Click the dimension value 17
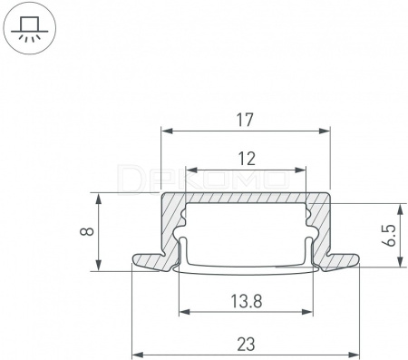(245, 120)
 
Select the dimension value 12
(247, 159)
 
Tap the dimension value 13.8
(247, 301)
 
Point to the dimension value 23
(246, 345)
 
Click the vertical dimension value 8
(87, 232)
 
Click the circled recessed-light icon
(30, 29)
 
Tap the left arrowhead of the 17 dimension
(167, 131)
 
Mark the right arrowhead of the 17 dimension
(325, 131)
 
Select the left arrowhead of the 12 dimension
(191, 170)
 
